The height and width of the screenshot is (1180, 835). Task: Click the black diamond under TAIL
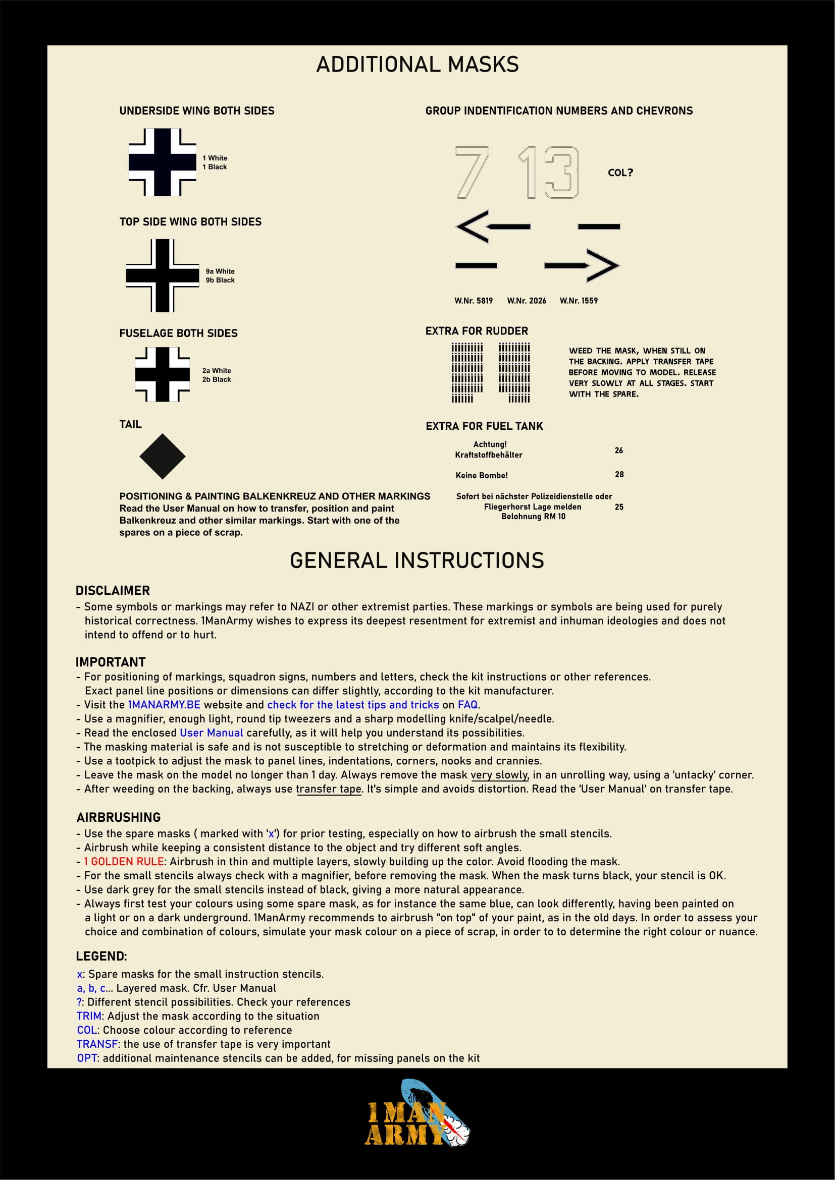[x=162, y=457]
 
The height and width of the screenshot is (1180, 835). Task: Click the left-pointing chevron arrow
[x=492, y=226]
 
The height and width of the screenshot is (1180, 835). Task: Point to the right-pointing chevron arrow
[x=583, y=265]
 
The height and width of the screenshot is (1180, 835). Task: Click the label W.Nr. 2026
[x=527, y=301]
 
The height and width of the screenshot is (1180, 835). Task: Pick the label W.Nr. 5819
[x=473, y=301]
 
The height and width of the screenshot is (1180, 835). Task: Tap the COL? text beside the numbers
[x=620, y=173]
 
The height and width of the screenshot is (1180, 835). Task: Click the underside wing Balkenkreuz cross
[x=162, y=162]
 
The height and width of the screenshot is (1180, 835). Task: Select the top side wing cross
[x=162, y=275]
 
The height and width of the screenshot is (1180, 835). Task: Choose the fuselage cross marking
[x=162, y=374]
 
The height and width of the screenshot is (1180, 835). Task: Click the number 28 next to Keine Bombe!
[x=619, y=474]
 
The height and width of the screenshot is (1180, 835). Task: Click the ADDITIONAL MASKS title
[x=417, y=65]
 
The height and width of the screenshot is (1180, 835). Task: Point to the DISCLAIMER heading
[x=113, y=591]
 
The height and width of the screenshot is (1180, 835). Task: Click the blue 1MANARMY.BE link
[x=164, y=705]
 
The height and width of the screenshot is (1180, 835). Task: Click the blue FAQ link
[x=467, y=705]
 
